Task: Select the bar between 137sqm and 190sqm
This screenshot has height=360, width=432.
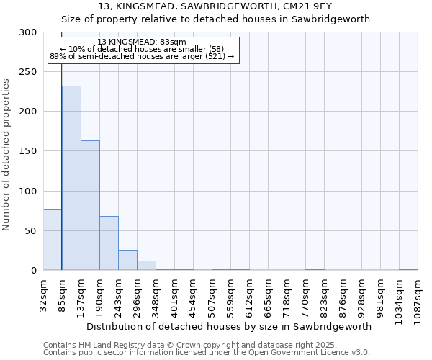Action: click(x=90, y=205)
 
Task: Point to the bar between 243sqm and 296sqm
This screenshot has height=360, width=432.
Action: click(x=127, y=260)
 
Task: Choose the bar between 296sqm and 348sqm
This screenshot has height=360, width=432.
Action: click(x=146, y=266)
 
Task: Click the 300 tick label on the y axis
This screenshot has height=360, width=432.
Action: click(x=28, y=32)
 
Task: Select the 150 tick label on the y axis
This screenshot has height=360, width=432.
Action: click(x=28, y=151)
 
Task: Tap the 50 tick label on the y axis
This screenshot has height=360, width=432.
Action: click(x=31, y=231)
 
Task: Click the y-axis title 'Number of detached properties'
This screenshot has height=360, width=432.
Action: click(x=7, y=155)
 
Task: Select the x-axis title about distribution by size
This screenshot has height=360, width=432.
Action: click(x=230, y=326)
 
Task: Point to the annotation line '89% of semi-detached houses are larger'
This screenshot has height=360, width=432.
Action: click(x=142, y=56)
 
